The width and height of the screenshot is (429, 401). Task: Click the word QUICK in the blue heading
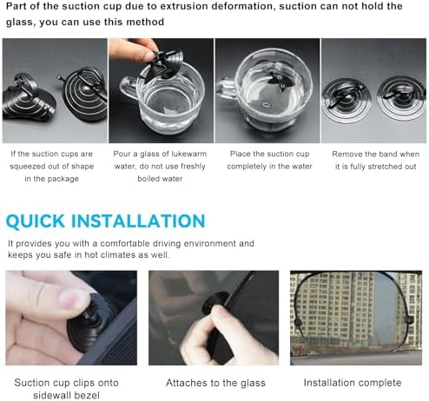coord(36,221)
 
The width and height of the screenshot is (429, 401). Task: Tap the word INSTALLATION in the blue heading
coord(138,221)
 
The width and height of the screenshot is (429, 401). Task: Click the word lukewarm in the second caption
coord(188,154)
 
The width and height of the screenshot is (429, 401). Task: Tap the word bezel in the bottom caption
coord(87,395)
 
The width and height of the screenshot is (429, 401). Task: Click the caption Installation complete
coord(353,383)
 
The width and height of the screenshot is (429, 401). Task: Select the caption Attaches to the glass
coord(215,383)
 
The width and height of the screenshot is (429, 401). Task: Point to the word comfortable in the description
coord(124,244)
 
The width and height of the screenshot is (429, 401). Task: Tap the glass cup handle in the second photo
coord(129,88)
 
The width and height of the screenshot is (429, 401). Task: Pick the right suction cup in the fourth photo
coord(402,98)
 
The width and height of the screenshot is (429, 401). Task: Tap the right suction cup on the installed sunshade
coord(409,320)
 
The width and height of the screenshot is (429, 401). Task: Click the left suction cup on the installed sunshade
coord(298,323)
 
